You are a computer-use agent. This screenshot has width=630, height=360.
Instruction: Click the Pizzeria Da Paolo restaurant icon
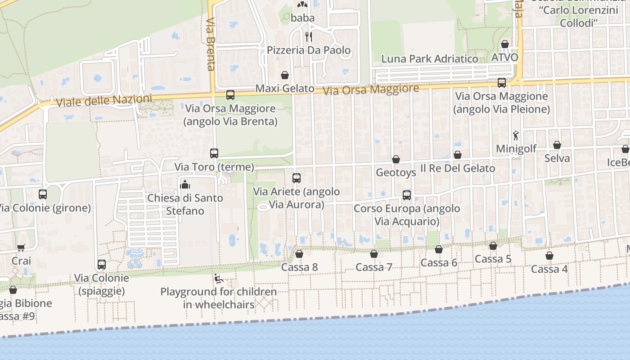coord(309,36)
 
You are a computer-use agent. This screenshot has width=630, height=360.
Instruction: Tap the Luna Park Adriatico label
coord(430,59)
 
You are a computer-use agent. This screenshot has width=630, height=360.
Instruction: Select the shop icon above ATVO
coord(505,44)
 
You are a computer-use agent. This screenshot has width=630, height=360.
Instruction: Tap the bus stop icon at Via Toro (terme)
coord(214,153)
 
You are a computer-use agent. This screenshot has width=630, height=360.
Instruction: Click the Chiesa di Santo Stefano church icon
coord(185,184)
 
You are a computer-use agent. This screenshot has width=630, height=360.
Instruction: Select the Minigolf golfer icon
coord(516,135)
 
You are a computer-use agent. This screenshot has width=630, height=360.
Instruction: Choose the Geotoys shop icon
coord(396,159)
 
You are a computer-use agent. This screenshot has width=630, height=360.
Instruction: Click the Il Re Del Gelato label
coord(457,168)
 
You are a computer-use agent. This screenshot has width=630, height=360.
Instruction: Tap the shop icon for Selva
coord(557,145)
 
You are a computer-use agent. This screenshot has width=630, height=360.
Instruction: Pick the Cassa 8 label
coord(299,267)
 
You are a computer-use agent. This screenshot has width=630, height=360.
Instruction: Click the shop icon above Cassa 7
coord(374,254)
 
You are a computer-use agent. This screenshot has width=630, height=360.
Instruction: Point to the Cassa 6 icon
coord(439,249)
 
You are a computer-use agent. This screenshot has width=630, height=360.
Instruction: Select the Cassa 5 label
coord(493,259)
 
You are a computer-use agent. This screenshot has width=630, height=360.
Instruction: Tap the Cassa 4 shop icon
coord(549,256)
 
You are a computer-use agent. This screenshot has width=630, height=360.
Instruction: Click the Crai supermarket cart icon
coord(21,248)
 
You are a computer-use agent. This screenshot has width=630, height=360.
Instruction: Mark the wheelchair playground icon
coord(219,279)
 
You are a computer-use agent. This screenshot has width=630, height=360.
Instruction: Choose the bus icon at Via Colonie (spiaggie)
coord(102,265)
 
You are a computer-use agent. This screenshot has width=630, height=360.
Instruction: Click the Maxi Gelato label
coord(285,89)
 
